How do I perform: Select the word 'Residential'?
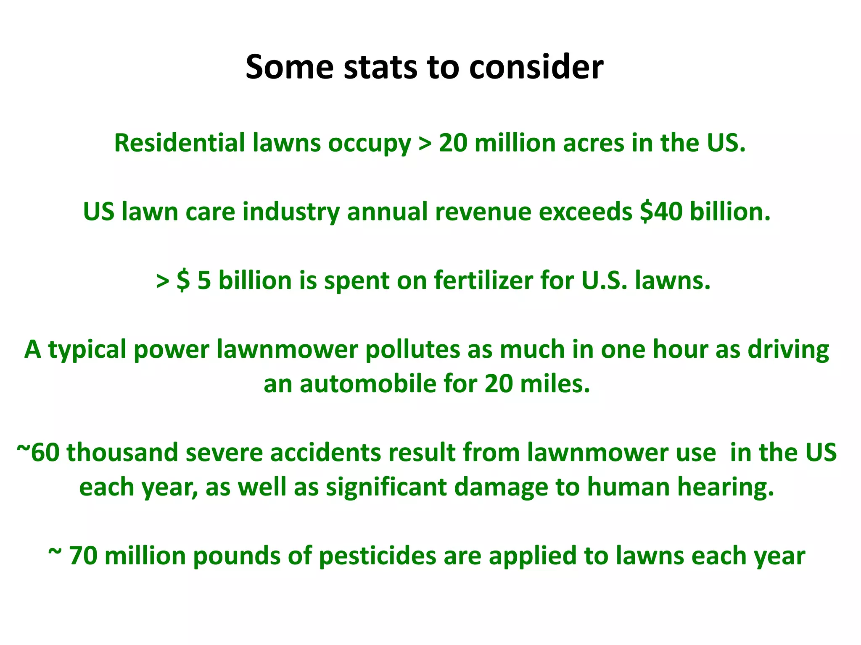point(180,143)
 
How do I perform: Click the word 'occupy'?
point(370,144)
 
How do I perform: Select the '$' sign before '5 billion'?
point(183,281)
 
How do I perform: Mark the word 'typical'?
point(87,350)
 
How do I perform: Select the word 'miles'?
point(555,384)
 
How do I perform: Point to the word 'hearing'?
point(726,487)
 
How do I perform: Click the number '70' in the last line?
point(83,556)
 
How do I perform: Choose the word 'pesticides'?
point(378,556)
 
